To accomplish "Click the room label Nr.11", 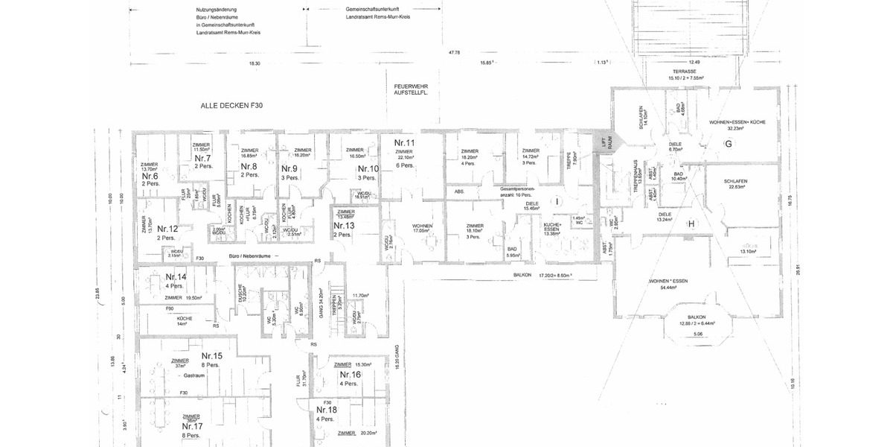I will (404, 142).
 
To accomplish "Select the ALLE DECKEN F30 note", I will (231, 107).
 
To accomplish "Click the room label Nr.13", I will (344, 225).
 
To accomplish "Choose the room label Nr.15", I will (212, 356).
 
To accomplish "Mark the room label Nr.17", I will (192, 426).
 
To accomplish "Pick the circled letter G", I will (729, 143).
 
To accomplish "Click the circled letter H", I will (691, 223).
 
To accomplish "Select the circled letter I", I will (555, 202).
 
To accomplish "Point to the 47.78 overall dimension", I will (454, 53).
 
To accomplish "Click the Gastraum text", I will (195, 376).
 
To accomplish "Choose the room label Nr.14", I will (176, 277).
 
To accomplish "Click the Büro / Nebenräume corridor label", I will (247, 256).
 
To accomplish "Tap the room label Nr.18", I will (327, 410).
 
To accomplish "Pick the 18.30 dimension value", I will (255, 64).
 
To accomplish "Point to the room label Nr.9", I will (289, 168).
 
